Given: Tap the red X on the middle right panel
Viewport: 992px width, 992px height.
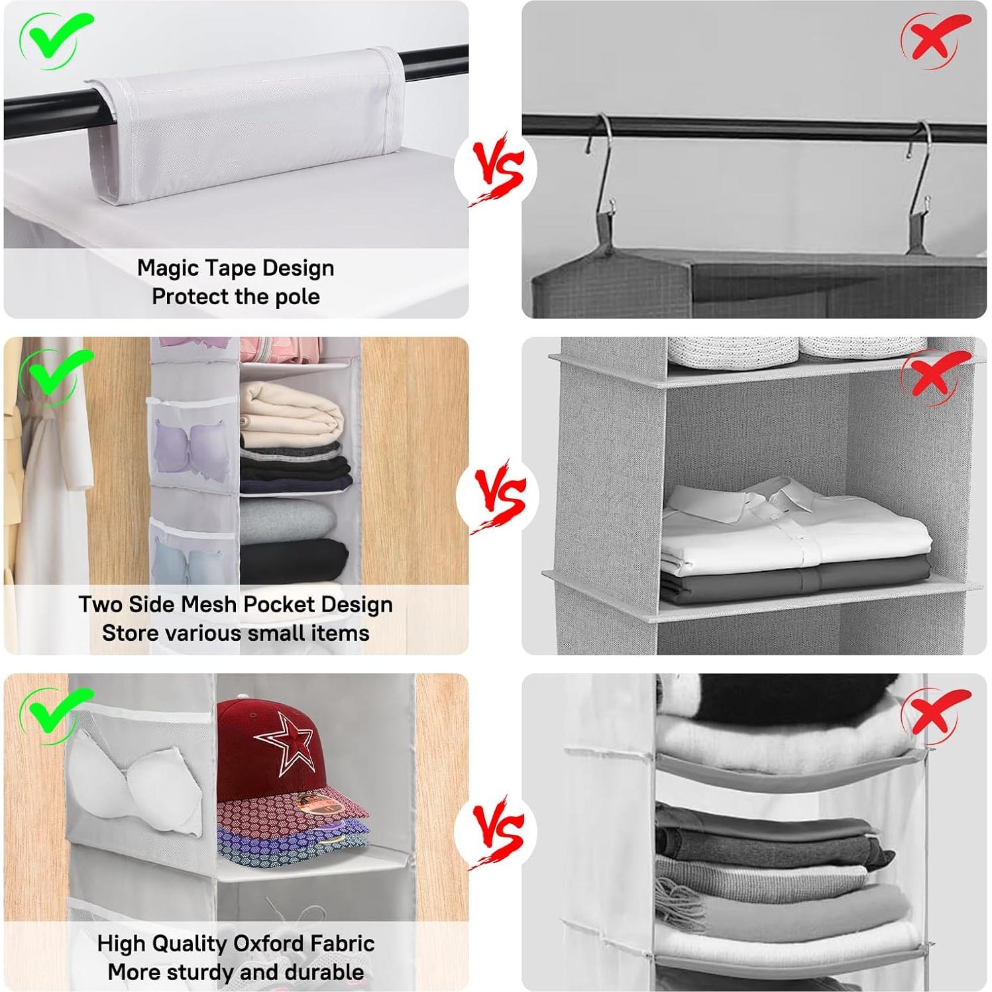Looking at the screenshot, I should [x=934, y=376].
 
